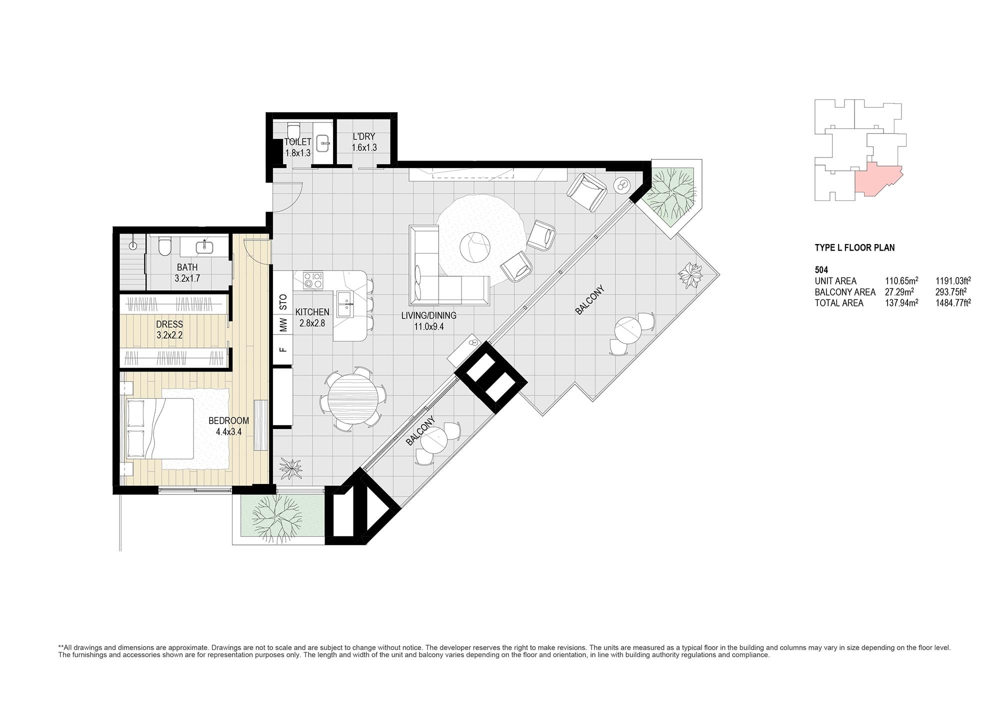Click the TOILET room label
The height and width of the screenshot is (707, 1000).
click(x=298, y=142)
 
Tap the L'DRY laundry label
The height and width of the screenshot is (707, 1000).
click(x=364, y=136)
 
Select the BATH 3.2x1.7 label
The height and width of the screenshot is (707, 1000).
click(x=187, y=273)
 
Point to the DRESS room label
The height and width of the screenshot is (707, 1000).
click(x=169, y=324)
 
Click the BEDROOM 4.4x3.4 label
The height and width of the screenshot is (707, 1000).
click(x=229, y=426)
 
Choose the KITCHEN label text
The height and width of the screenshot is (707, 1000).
click(x=312, y=312)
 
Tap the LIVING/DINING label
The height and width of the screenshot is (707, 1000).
click(x=429, y=315)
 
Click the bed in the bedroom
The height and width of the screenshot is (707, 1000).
click(x=160, y=428)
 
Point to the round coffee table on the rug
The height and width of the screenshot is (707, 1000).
click(x=475, y=247)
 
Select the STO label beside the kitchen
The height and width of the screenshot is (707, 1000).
click(x=283, y=301)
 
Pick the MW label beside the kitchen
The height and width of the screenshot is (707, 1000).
click(x=283, y=325)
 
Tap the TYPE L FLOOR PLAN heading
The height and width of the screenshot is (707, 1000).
click(x=855, y=247)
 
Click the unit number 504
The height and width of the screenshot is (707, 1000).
click(x=821, y=270)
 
